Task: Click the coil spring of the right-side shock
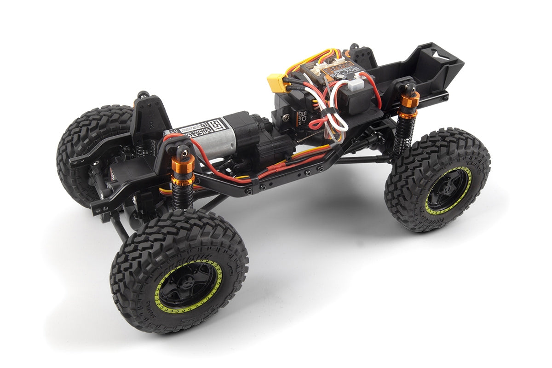tap(402, 133)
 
